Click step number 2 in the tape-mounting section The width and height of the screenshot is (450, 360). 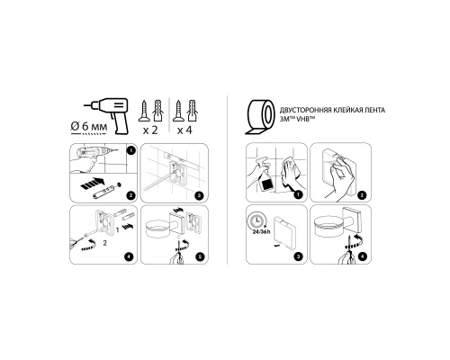pos(362,193)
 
